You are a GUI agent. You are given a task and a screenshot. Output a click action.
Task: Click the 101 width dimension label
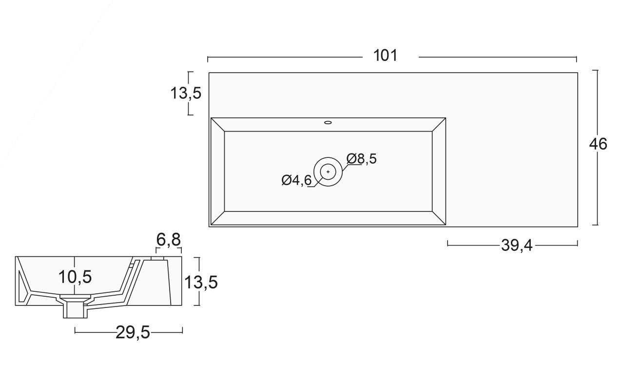pyautogui.click(x=386, y=55)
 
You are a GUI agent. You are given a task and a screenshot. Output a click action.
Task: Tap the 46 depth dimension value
pyautogui.click(x=598, y=144)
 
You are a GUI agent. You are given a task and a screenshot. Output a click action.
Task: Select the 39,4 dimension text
pyautogui.click(x=517, y=246)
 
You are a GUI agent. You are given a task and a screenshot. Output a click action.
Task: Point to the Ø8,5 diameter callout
pyautogui.click(x=361, y=158)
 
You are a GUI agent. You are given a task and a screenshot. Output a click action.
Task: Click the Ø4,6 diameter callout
pyautogui.click(x=296, y=180)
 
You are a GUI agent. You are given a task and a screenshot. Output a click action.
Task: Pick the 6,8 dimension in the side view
pyautogui.click(x=169, y=239)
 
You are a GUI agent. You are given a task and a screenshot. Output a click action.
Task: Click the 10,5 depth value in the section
pyautogui.click(x=75, y=277)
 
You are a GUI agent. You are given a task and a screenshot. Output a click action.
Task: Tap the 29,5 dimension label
pyautogui.click(x=133, y=332)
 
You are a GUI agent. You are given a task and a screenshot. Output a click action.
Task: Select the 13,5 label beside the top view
pyautogui.click(x=186, y=93)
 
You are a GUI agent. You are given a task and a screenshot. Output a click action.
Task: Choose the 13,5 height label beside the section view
pyautogui.click(x=201, y=282)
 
